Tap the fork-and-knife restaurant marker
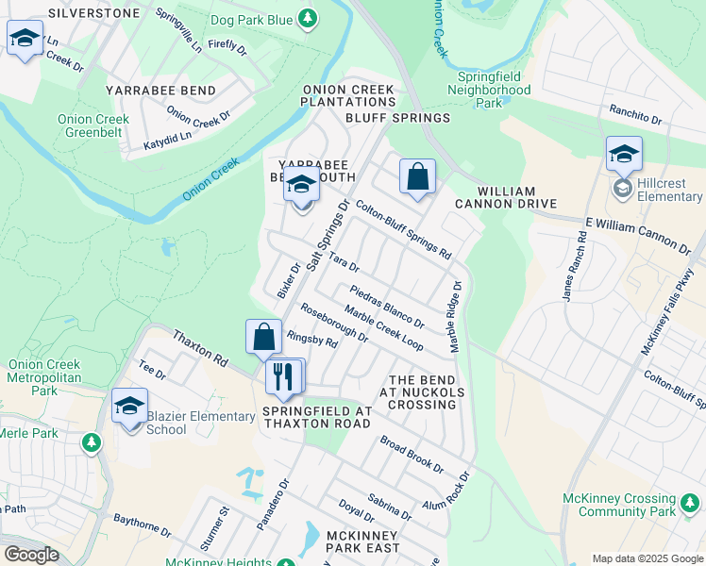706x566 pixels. coord(284,376)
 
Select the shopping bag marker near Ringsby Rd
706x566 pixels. coord(263,338)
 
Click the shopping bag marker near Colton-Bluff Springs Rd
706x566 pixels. coord(416,176)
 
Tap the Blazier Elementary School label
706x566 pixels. coord(195,423)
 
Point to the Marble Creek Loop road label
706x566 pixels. coord(382,326)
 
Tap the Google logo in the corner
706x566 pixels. coord(31,555)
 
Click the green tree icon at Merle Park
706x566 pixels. coord(91,441)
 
